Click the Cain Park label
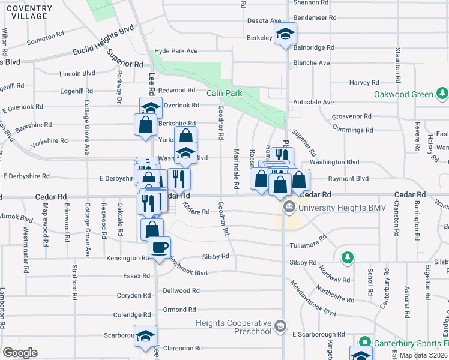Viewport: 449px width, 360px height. tap(223, 93)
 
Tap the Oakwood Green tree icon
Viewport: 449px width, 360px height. tap(442, 94)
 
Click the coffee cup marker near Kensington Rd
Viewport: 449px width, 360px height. tap(159, 248)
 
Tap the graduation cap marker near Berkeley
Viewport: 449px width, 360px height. tap(286, 35)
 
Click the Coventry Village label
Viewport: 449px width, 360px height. tap(25, 11)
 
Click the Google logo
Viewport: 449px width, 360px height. tap(20, 352)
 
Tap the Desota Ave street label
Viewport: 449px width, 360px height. tap(264, 20)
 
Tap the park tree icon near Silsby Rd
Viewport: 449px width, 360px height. tap(347, 257)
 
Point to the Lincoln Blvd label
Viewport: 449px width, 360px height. tap(77, 73)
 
